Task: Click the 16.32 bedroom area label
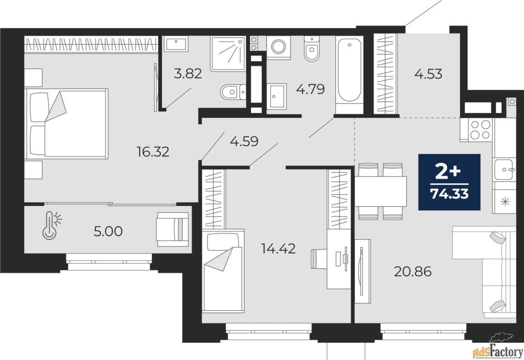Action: (x=153, y=152)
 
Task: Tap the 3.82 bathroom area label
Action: (x=188, y=73)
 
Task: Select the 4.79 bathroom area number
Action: (x=310, y=89)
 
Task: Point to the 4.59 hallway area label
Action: (x=244, y=141)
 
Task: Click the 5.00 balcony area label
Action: (x=108, y=232)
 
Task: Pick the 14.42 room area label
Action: (x=278, y=248)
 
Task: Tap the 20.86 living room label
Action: (x=413, y=272)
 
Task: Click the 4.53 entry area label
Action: (x=428, y=74)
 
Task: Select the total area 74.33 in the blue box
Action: (x=449, y=194)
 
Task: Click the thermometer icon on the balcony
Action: (x=50, y=225)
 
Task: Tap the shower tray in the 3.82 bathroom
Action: (x=228, y=54)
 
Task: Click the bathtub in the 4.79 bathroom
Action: (x=350, y=75)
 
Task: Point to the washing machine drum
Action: (x=278, y=47)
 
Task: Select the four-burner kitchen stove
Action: (x=480, y=130)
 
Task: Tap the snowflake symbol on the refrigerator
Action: (x=505, y=202)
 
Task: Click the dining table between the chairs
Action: (x=381, y=191)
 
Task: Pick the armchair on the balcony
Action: (x=173, y=229)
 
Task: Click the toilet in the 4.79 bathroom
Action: (x=312, y=49)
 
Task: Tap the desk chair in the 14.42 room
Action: (x=319, y=259)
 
